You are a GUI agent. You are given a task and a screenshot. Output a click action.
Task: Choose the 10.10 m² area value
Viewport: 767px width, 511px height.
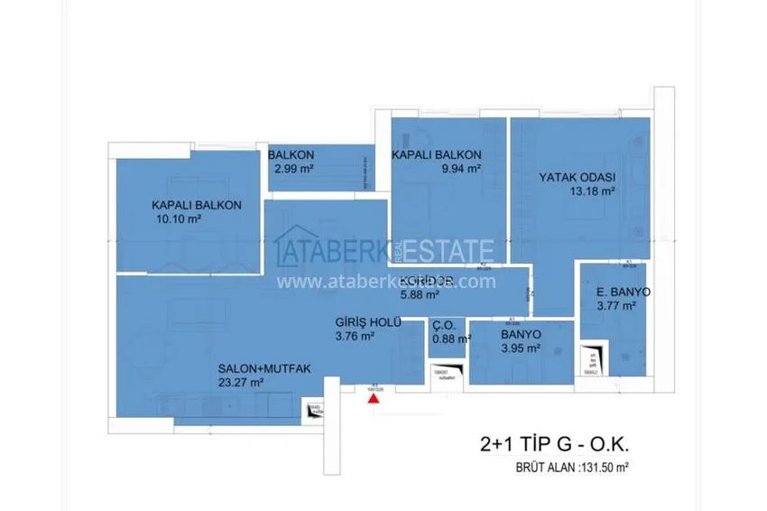tap(176, 219)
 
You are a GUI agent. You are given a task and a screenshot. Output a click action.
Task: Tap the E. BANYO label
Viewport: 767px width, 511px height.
tap(624, 293)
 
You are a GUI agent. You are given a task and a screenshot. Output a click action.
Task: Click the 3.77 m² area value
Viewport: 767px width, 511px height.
tap(616, 307)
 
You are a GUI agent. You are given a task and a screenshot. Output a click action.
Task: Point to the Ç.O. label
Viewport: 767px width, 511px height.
tap(444, 325)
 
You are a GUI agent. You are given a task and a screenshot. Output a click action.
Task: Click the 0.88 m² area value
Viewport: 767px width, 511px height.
tap(451, 339)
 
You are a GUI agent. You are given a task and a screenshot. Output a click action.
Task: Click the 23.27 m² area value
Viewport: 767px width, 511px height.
tap(239, 383)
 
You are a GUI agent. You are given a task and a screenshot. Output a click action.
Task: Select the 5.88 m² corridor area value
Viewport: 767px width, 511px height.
tap(420, 293)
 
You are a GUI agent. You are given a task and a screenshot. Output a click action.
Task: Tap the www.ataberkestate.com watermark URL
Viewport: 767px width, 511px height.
tap(386, 282)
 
